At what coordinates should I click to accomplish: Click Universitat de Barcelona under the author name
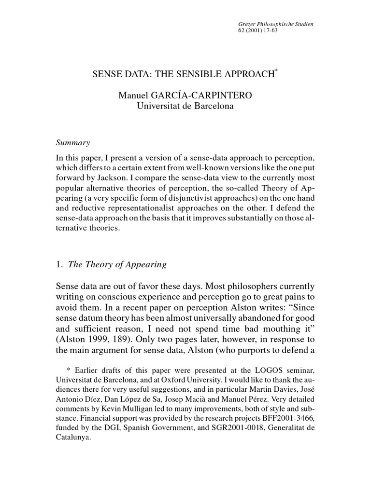[185, 106]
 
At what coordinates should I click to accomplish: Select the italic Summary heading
[73, 143]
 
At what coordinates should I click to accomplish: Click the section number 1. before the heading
[60, 264]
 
